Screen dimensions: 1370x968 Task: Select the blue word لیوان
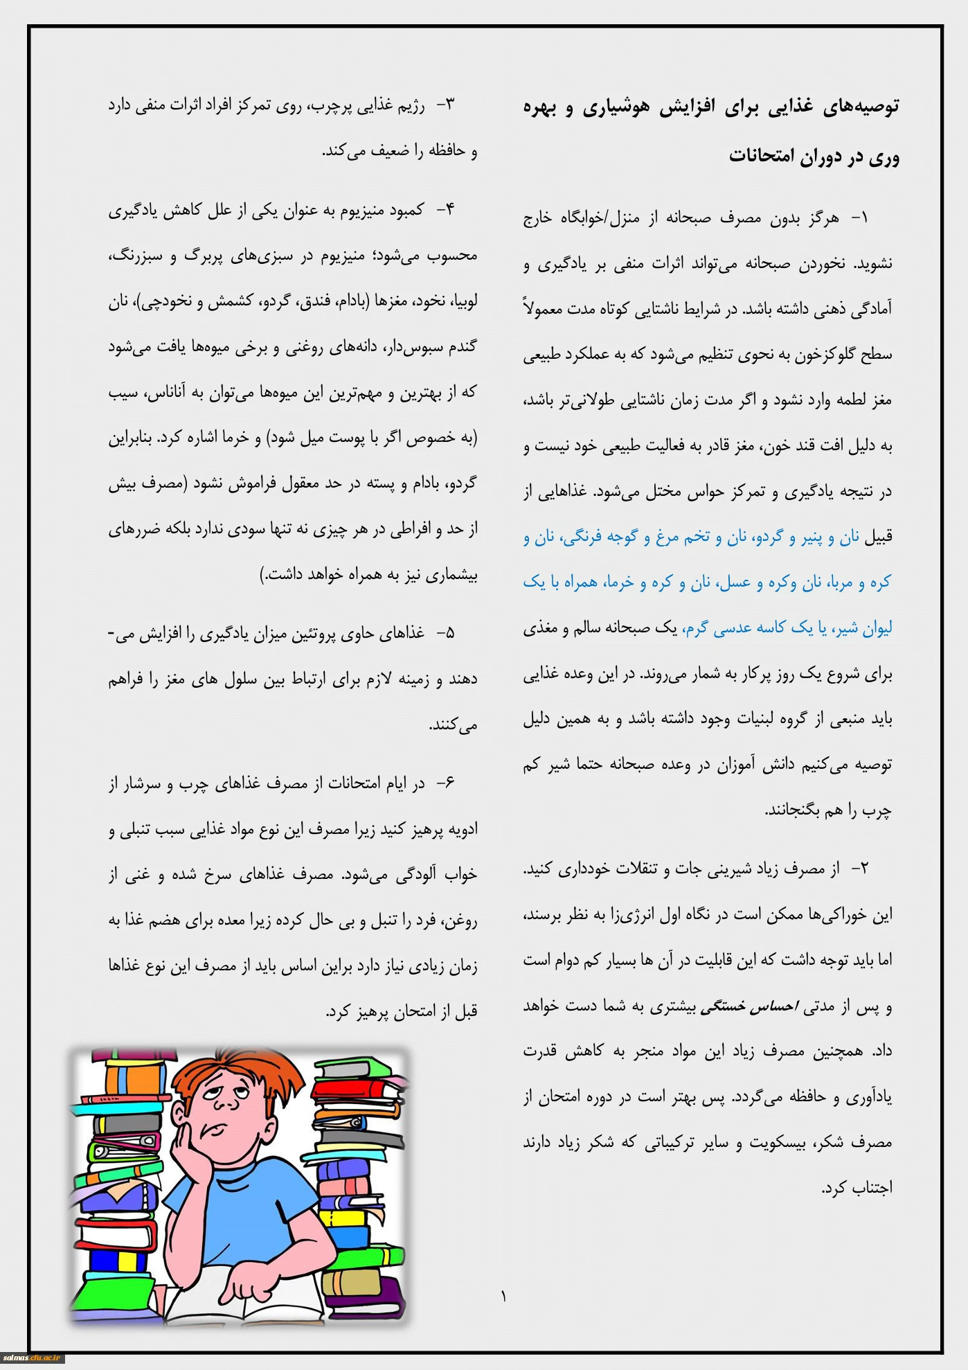875,628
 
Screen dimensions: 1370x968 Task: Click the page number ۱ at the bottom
503,1296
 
